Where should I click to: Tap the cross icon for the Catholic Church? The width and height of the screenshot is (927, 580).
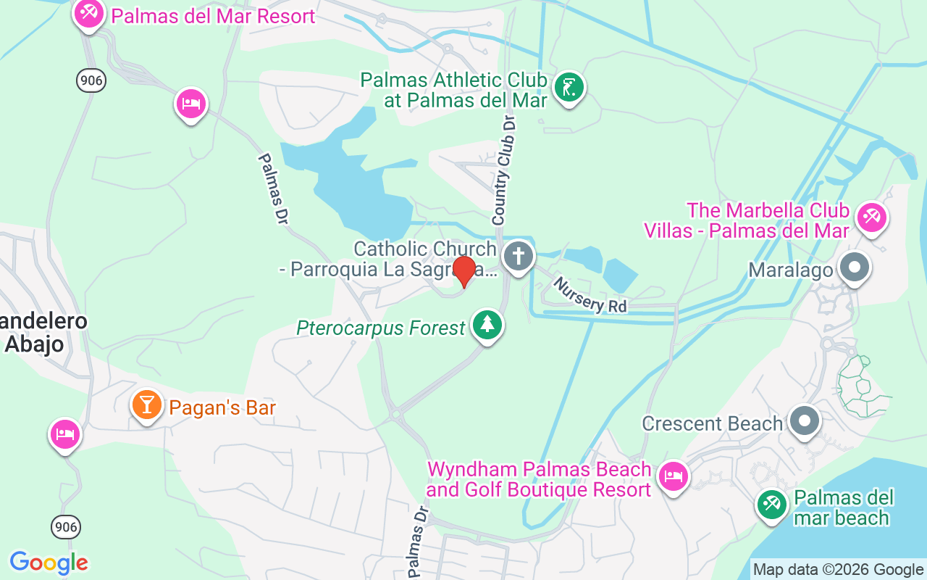tap(518, 256)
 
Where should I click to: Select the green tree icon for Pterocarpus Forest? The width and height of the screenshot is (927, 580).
tap(487, 325)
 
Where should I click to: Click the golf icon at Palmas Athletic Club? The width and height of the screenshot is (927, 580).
tap(569, 88)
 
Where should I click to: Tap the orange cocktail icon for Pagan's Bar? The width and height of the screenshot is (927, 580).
tap(147, 405)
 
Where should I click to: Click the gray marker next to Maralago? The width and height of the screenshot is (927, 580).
tap(855, 267)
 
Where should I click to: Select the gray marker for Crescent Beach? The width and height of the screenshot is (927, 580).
tap(804, 420)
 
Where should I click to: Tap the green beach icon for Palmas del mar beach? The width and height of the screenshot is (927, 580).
tap(771, 505)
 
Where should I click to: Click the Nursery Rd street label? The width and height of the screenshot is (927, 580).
tap(590, 295)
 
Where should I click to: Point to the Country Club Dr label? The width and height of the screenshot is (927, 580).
tap(504, 172)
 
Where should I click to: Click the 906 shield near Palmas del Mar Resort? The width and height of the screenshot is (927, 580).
tap(91, 80)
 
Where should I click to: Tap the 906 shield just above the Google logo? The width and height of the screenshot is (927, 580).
tap(66, 527)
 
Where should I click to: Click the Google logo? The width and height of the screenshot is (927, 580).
tap(49, 563)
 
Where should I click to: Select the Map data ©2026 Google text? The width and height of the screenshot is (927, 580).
tap(838, 570)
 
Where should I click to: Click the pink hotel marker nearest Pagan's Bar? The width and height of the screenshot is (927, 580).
tap(65, 434)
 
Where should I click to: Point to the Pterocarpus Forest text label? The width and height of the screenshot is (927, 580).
tap(381, 328)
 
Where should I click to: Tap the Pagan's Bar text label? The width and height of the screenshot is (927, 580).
tap(222, 408)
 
